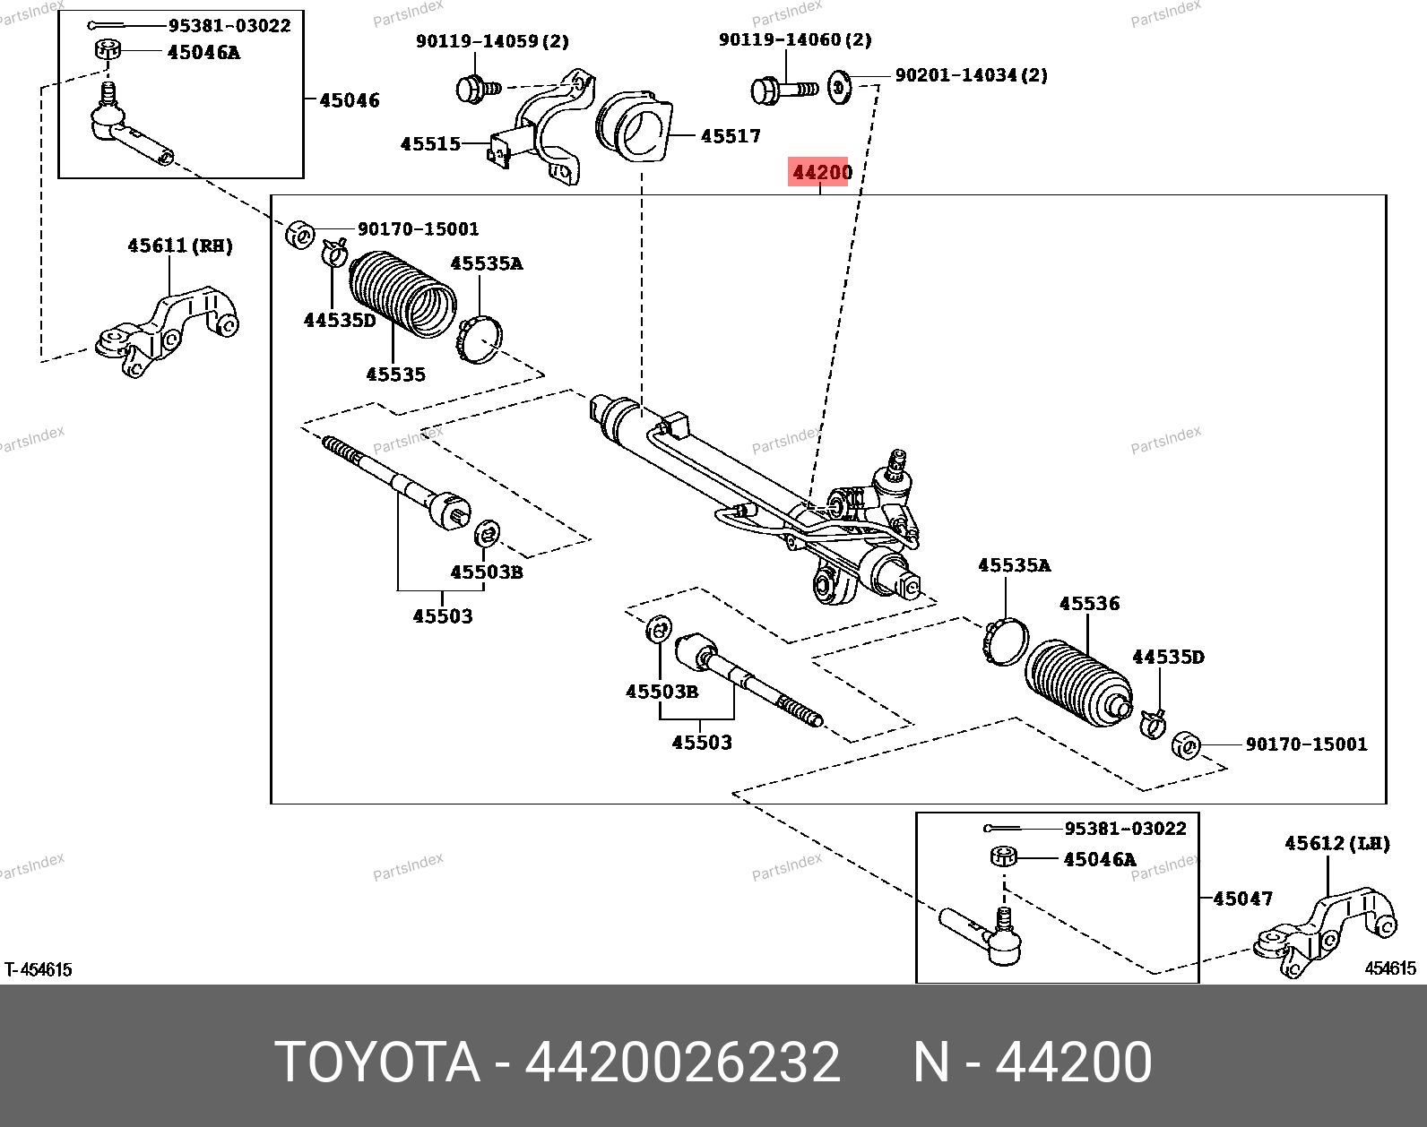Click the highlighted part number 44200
[x=821, y=171]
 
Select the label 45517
[x=731, y=136]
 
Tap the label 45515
[x=430, y=143]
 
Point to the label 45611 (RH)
[x=179, y=245]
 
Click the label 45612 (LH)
[x=1336, y=843]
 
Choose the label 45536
[x=1089, y=603]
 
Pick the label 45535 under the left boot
[x=395, y=374]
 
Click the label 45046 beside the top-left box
[x=350, y=100]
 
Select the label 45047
[x=1242, y=898]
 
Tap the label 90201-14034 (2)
[x=971, y=75]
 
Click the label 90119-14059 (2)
[x=492, y=41]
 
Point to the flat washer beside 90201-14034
[x=839, y=87]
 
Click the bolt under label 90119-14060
[x=782, y=90]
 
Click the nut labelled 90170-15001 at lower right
[x=1186, y=744]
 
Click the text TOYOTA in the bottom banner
[x=377, y=1062]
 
